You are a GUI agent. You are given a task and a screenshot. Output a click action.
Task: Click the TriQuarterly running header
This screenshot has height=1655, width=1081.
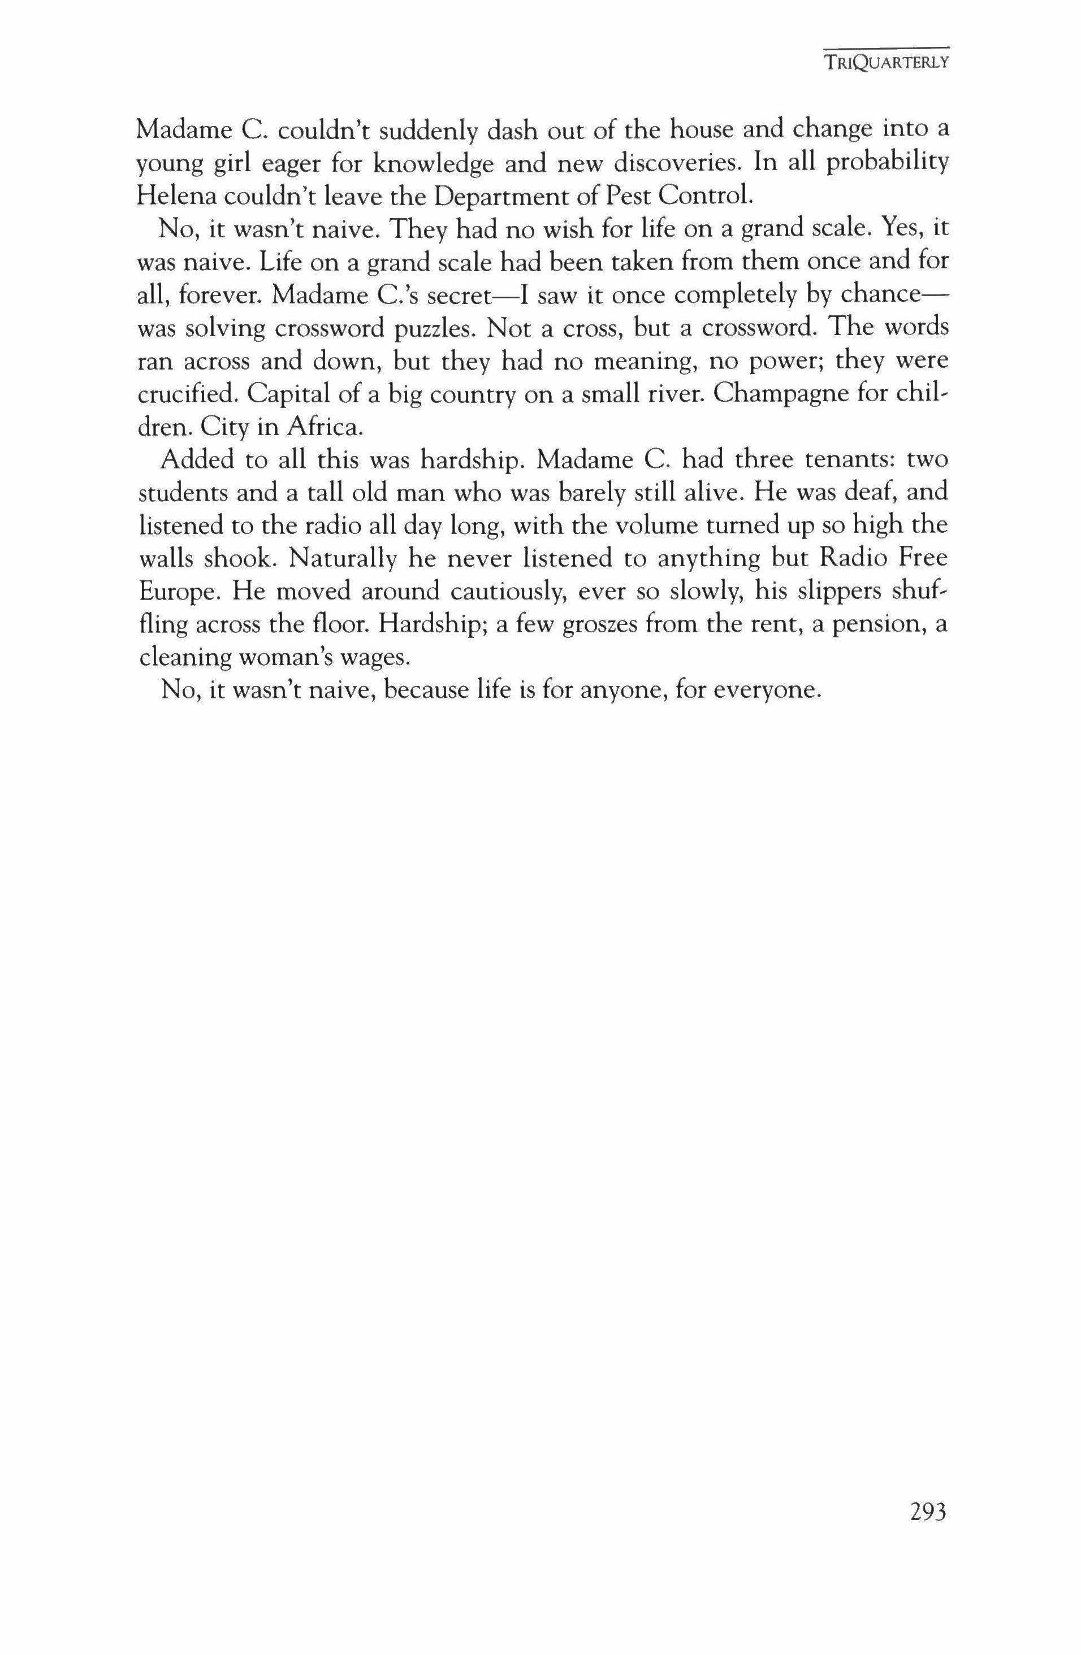pyautogui.click(x=885, y=63)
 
